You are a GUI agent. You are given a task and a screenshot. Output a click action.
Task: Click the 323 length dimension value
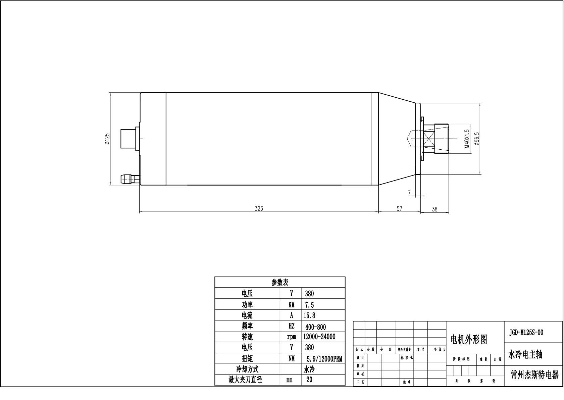click(259, 208)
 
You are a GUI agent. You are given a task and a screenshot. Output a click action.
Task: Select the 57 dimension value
click(399, 208)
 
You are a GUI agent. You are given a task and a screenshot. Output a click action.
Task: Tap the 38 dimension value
click(434, 209)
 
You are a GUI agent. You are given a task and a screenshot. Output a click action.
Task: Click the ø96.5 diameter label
click(477, 139)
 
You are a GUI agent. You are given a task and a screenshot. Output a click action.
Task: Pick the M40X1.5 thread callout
click(466, 139)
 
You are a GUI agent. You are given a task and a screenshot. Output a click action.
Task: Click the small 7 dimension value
click(409, 193)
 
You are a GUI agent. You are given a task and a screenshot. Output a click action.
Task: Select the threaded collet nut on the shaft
click(442, 139)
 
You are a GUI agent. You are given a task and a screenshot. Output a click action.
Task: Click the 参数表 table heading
click(279, 283)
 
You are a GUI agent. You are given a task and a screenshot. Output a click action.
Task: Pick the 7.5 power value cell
click(309, 305)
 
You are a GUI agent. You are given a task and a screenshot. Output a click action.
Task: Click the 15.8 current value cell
click(309, 315)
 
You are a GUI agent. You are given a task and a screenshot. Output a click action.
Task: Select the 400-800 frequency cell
click(315, 327)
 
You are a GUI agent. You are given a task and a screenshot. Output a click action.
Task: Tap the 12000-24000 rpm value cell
click(319, 337)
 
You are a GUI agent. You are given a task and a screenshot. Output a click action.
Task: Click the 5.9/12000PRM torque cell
click(324, 359)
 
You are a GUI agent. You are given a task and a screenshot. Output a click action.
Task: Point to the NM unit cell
click(291, 359)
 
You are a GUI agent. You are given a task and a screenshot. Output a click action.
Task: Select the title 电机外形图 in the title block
click(468, 340)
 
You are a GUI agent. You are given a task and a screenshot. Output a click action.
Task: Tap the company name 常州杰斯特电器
click(534, 375)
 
